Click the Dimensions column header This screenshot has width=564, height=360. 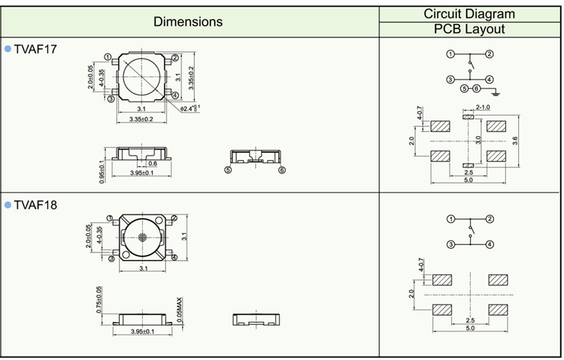pos(188,21)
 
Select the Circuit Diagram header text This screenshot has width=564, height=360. pos(469,13)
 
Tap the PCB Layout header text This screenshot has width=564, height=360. pos(469,29)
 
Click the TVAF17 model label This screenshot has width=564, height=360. pos(35,49)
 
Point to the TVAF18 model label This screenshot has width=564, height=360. pos(35,204)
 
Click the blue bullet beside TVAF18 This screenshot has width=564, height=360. pos(8,204)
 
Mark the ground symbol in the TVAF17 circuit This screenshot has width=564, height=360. pos(495,91)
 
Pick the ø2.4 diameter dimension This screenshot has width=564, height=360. pos(189,110)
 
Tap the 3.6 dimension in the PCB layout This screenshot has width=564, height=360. pos(514,141)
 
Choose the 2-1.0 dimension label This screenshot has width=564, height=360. pos(482,107)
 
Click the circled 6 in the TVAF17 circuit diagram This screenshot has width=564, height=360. pos(476,89)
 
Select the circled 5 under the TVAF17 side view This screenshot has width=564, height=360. pos(228,171)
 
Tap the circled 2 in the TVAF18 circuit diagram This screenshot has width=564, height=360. pos(490,219)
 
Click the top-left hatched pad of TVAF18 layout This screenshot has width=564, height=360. pos(440,280)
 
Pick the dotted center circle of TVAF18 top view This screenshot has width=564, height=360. pos(142,237)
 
